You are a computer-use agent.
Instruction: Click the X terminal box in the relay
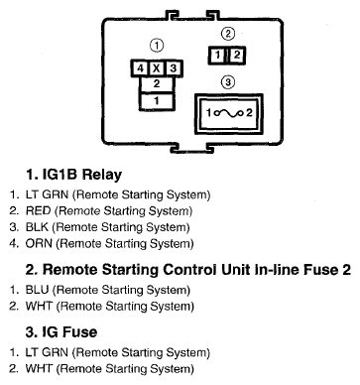tap(157, 68)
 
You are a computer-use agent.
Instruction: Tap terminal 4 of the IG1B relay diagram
tap(140, 68)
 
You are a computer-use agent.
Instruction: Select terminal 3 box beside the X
tap(174, 68)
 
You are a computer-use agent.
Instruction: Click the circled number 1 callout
tap(157, 46)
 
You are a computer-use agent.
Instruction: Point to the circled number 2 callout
tap(228, 34)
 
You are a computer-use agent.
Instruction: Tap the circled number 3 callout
tap(228, 81)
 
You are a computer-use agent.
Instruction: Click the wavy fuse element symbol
tap(229, 113)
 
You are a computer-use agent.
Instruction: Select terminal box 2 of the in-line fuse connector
tap(236, 55)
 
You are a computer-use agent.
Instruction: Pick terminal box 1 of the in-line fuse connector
tap(218, 55)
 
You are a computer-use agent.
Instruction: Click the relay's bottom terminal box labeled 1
tap(157, 101)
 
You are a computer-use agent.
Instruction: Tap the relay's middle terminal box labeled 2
tap(157, 84)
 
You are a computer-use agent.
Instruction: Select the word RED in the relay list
tap(39, 210)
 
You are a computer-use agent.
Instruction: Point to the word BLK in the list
tap(37, 227)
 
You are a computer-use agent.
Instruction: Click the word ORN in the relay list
tap(39, 243)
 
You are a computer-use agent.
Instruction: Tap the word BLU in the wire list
tap(38, 290)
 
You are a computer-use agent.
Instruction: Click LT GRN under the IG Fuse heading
tap(47, 352)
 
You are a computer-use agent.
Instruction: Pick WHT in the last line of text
tap(39, 369)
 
